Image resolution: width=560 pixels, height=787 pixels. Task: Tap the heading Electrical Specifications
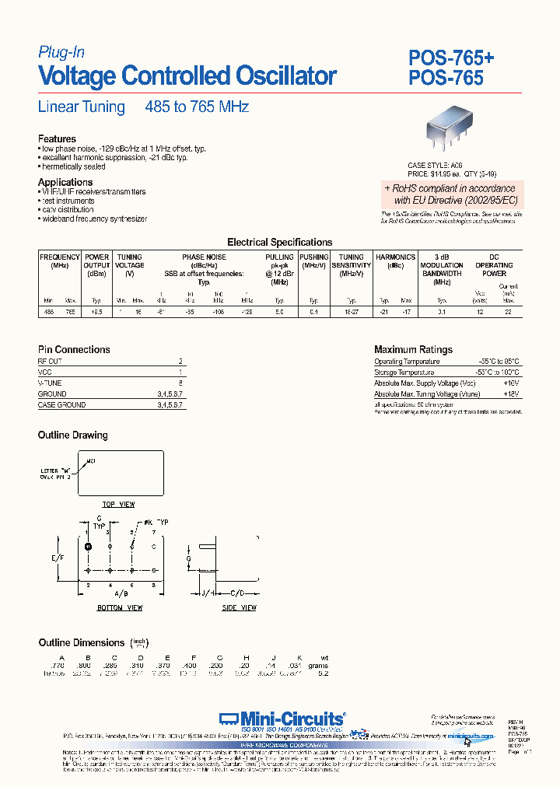pyautogui.click(x=279, y=243)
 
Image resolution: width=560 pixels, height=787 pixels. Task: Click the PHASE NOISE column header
pyautogui.click(x=204, y=257)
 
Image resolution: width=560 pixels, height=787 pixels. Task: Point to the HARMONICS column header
pyautogui.click(x=395, y=257)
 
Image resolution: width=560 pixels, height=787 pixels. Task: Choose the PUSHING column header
pyautogui.click(x=314, y=257)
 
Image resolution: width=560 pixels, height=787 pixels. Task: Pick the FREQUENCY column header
pyautogui.click(x=59, y=257)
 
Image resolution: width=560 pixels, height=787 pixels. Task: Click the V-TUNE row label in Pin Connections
pyautogui.click(x=50, y=383)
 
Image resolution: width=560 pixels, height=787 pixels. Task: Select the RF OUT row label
pyautogui.click(x=50, y=362)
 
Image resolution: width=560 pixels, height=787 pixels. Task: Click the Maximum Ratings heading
pyautogui.click(x=413, y=350)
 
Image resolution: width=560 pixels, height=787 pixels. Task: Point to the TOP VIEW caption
pyautogui.click(x=118, y=505)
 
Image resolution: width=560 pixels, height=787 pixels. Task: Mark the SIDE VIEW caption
pyautogui.click(x=240, y=607)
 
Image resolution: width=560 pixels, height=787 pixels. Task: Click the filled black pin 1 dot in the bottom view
pyautogui.click(x=88, y=547)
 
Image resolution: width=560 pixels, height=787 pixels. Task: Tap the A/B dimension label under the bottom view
pyautogui.click(x=120, y=593)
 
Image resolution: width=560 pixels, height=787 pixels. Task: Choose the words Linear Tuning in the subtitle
pyautogui.click(x=82, y=107)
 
